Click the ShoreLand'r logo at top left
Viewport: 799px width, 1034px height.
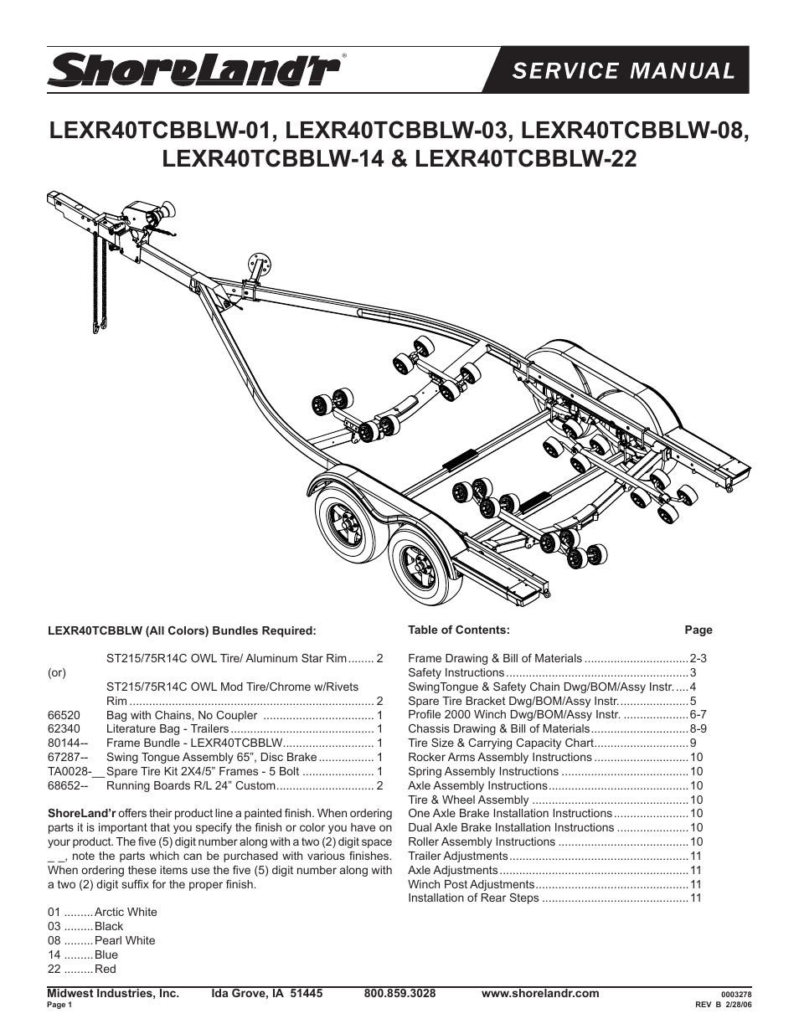(193, 69)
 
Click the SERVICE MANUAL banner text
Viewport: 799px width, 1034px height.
(623, 70)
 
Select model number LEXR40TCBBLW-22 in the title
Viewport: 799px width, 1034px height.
(526, 158)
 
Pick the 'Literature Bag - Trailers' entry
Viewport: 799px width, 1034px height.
(168, 729)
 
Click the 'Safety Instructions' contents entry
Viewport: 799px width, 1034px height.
(456, 672)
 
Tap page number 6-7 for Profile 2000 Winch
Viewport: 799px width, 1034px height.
(698, 715)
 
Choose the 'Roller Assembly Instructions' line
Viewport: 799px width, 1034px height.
(482, 841)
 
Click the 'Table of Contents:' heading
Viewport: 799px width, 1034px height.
(458, 630)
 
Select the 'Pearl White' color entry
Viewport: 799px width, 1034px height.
(125, 940)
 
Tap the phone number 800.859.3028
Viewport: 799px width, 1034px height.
(399, 993)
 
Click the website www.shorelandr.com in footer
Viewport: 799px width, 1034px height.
(540, 993)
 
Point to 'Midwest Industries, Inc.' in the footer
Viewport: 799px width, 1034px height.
(113, 993)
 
